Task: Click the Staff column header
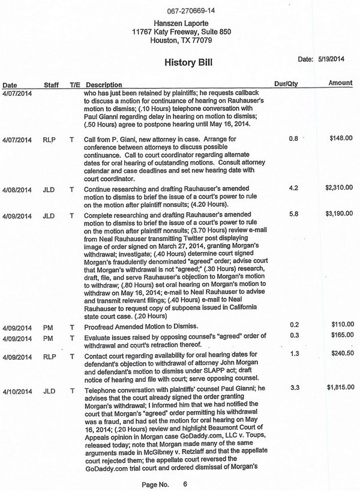[52, 85]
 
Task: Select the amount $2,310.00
[339, 188]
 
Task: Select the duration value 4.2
[294, 188]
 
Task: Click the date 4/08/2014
[17, 188]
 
